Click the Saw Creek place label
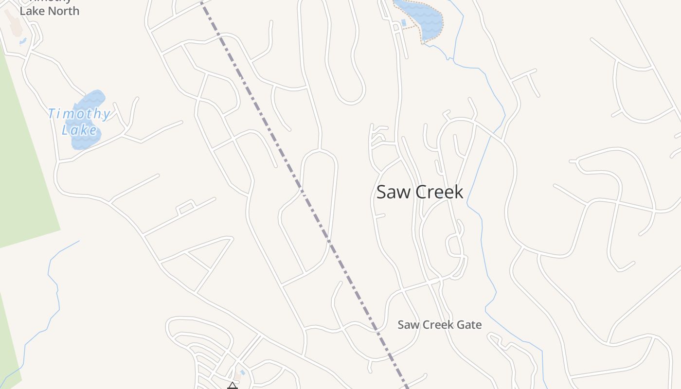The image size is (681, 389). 420,192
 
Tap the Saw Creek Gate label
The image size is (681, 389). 439,325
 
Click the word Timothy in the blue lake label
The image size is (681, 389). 79,114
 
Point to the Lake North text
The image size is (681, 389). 49,11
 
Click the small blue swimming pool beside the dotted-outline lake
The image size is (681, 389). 403,23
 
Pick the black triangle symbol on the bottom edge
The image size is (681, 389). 232,386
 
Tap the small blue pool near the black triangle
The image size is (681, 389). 242,372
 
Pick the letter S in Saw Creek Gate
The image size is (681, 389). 401,325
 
